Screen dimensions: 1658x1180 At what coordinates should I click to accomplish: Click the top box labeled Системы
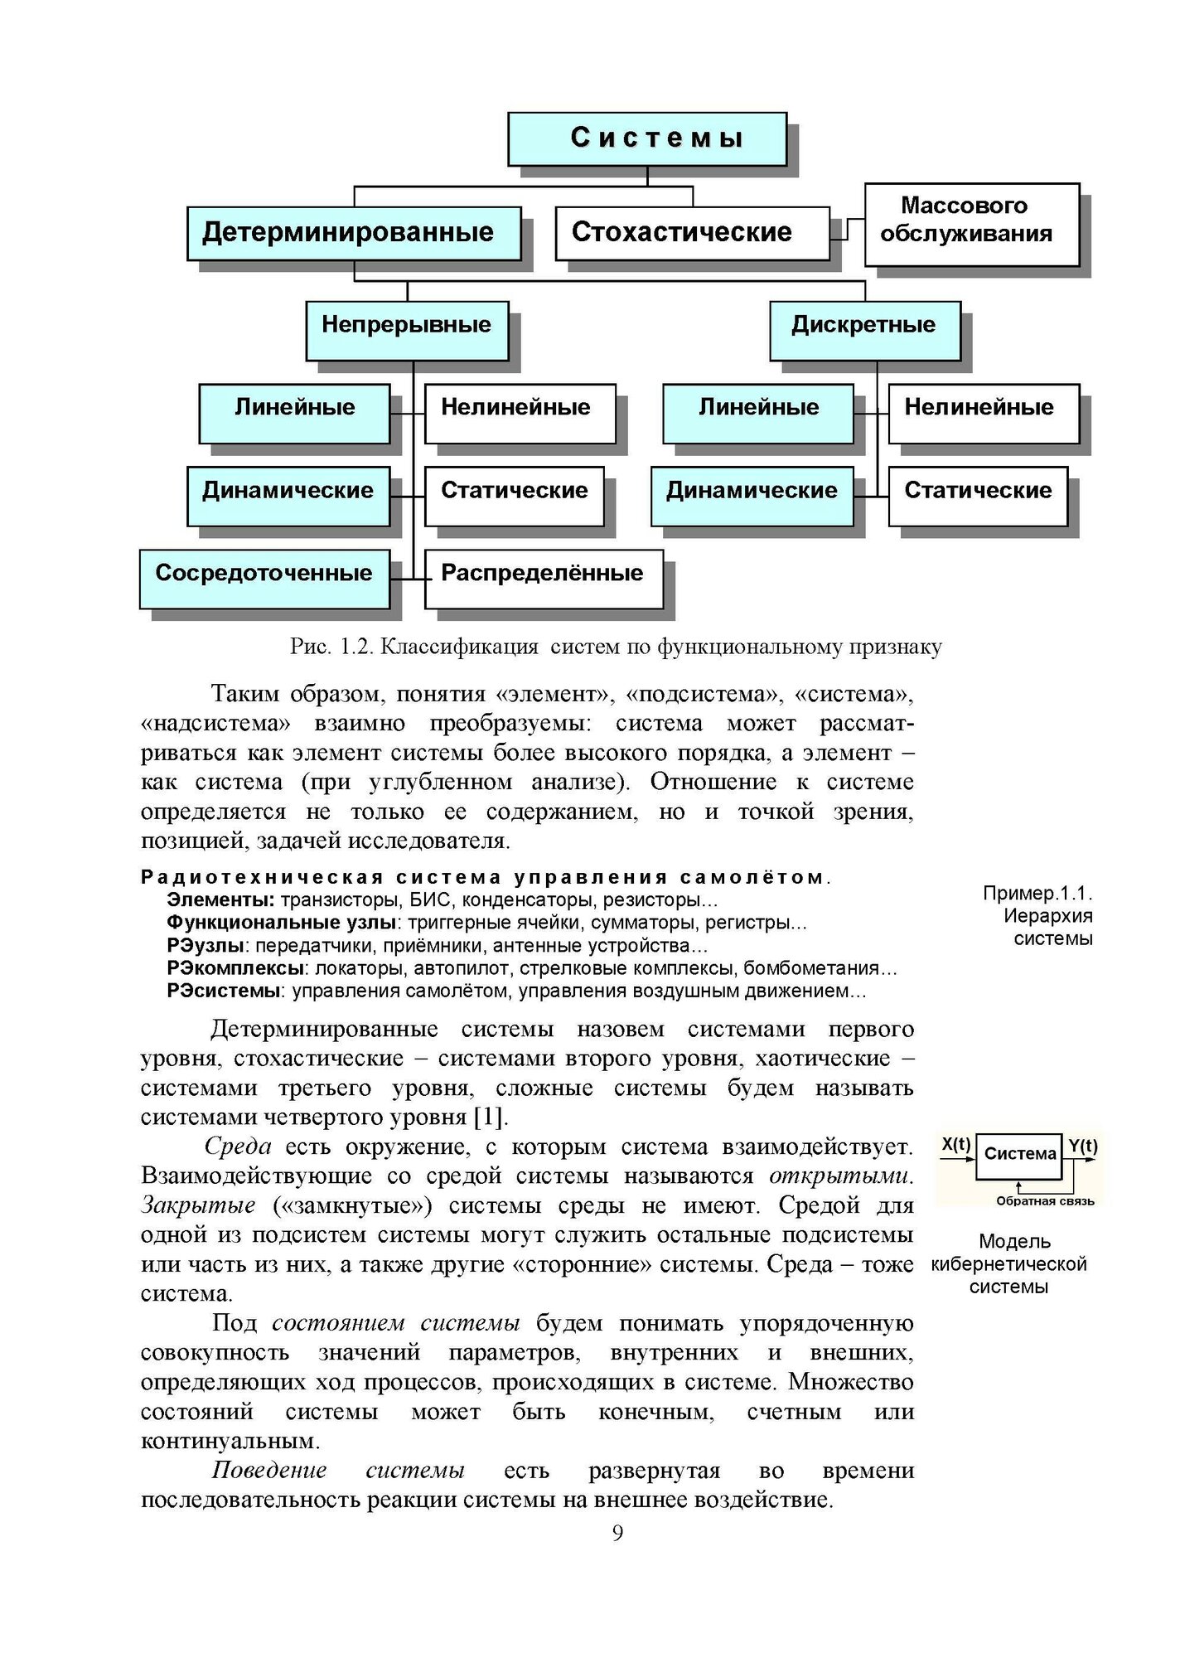pyautogui.click(x=647, y=138)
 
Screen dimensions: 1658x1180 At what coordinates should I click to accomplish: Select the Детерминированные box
pyautogui.click(x=354, y=233)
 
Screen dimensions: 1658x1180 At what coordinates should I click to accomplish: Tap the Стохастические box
pyautogui.click(x=692, y=233)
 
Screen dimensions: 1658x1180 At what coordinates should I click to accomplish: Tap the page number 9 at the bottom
pyautogui.click(x=617, y=1556)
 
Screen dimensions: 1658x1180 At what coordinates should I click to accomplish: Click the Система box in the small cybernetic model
pyautogui.click(x=1019, y=1156)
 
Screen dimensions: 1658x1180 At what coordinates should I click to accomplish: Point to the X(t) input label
pyautogui.click(x=956, y=1146)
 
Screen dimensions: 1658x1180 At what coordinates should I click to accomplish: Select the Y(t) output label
pyautogui.click(x=1082, y=1147)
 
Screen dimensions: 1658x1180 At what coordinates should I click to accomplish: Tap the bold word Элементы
pyautogui.click(x=220, y=899)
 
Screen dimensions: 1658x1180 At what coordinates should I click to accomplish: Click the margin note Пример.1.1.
pyautogui.click(x=1037, y=893)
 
